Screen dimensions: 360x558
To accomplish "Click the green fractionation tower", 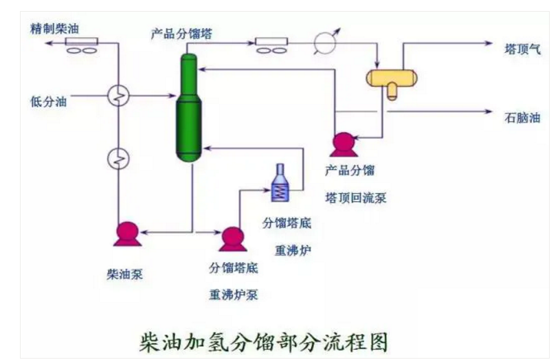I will pyautogui.click(x=186, y=110).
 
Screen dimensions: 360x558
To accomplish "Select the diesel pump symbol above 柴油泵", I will pyautogui.click(x=127, y=233).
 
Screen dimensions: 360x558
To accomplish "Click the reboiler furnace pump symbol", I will pyautogui.click(x=232, y=238).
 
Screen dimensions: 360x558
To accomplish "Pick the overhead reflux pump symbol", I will pyautogui.click(x=342, y=142).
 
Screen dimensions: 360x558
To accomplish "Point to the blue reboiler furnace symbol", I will pyautogui.click(x=280, y=182).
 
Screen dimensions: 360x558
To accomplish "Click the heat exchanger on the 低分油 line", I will pyautogui.click(x=119, y=97).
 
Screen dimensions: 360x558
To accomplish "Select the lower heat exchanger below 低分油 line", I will pyautogui.click(x=119, y=159).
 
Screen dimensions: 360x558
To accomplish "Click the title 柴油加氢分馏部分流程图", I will pyautogui.click(x=264, y=341).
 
